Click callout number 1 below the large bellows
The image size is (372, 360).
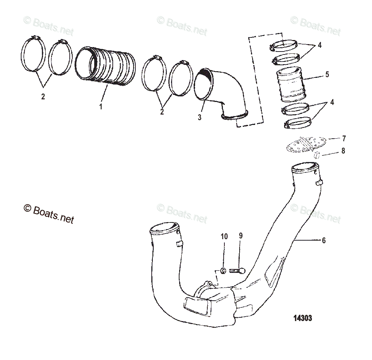pos(100,106)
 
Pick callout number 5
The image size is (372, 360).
pos(327,74)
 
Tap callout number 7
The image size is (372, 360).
pos(344,139)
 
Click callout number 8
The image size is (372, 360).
pos(343,151)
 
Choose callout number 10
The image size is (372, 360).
pos(224,236)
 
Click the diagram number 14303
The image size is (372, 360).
pos(302,318)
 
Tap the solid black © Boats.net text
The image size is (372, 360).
pos(49,214)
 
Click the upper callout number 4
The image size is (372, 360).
pos(319,46)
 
